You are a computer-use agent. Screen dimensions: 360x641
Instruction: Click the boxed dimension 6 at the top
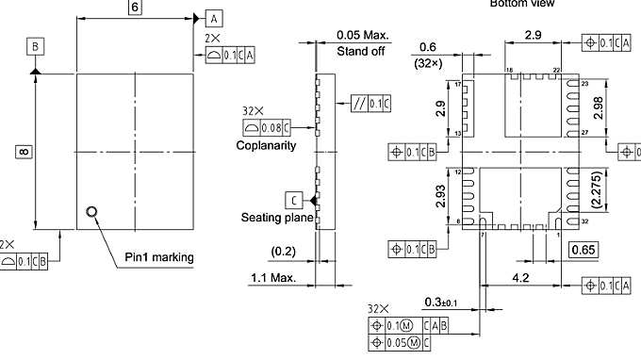[x=135, y=8]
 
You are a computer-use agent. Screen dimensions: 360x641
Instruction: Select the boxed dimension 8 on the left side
[x=21, y=150]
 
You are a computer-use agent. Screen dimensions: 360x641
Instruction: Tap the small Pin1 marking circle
[x=90, y=212]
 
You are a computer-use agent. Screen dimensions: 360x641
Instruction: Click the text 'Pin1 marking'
[x=159, y=257]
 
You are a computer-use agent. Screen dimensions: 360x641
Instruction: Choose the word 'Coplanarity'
[x=266, y=145]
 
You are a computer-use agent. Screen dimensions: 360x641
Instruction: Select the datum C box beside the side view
[x=295, y=199]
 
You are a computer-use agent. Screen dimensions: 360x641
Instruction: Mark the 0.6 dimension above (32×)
[x=427, y=48]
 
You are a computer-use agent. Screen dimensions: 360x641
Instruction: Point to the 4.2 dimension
[x=519, y=278]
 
